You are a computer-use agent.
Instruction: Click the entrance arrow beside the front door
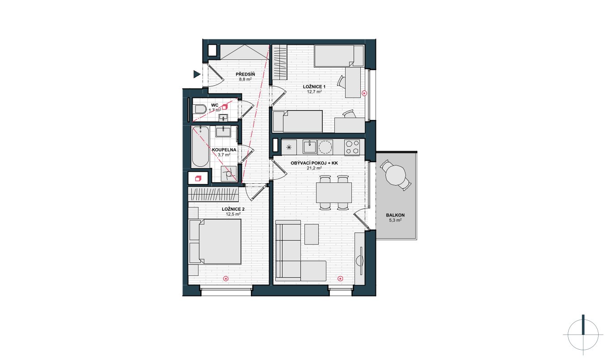click(197, 74)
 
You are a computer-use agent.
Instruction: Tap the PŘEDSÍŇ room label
click(245, 74)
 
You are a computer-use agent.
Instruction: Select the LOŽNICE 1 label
click(314, 87)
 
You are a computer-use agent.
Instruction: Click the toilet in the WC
click(200, 109)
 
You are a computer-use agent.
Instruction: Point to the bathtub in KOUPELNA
click(200, 147)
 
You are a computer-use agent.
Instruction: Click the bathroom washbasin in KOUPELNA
click(223, 131)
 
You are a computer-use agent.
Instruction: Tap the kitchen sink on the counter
click(309, 147)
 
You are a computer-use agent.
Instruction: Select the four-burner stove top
click(352, 148)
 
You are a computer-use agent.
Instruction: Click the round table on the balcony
click(396, 175)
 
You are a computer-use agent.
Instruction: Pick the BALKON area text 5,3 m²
click(395, 220)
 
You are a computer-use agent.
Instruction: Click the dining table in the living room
click(334, 193)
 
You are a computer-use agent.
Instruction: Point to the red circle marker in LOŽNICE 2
click(225, 279)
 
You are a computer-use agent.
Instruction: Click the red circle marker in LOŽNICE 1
click(364, 93)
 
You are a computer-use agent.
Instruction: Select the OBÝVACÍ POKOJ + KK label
click(314, 163)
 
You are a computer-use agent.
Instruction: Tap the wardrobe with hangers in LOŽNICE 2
click(213, 195)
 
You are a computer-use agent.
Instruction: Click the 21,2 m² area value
click(314, 168)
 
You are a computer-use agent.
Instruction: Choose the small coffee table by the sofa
click(312, 234)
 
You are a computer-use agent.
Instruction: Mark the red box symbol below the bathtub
click(198, 178)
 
